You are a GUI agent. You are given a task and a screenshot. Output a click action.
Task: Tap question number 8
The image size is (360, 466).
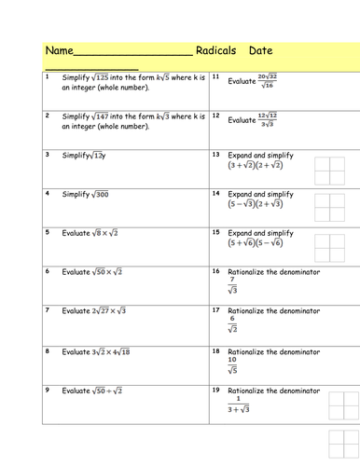coord(47,350)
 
